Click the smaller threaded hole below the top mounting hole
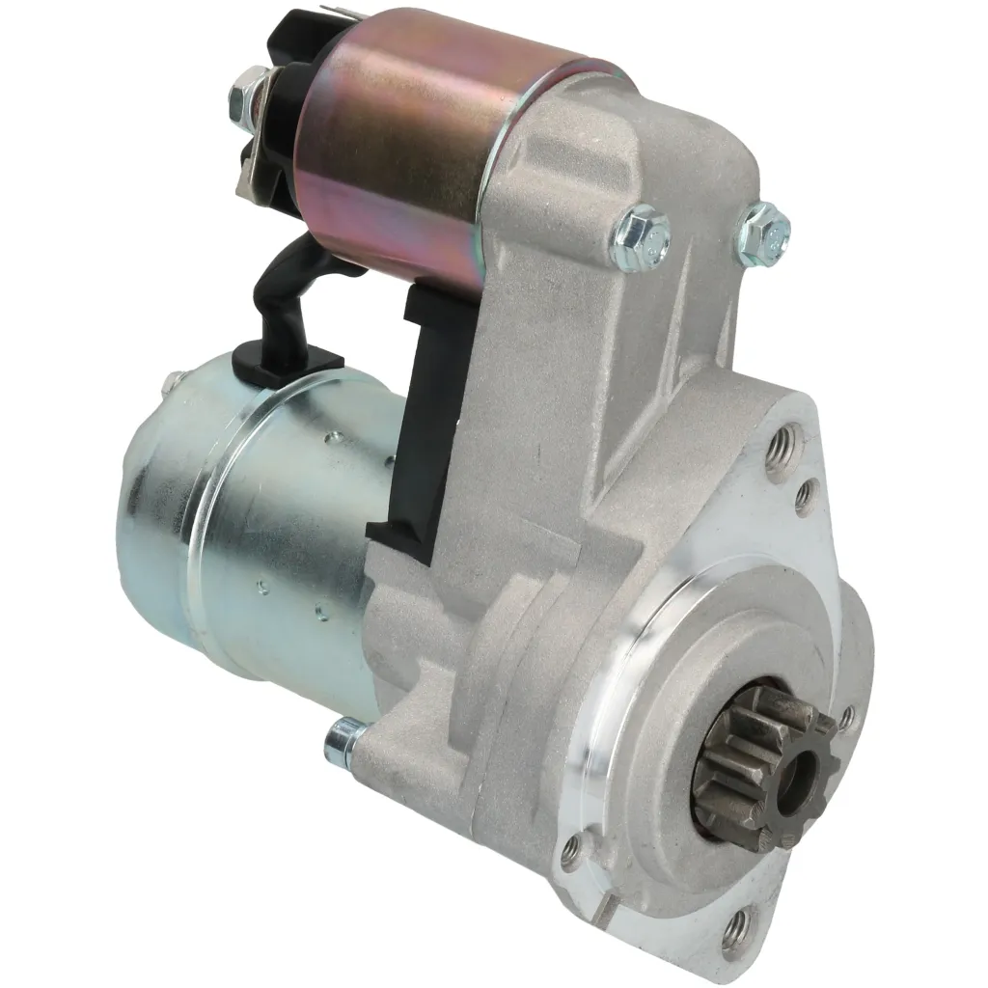[x=804, y=497]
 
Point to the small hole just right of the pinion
[x=846, y=716]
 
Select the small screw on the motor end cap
[x=173, y=382]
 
